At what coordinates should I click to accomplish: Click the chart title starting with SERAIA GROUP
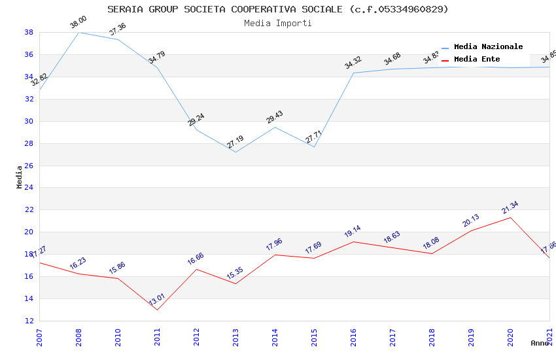[x=278, y=9]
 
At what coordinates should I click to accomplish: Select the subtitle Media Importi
[x=278, y=23]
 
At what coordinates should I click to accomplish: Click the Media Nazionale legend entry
[x=488, y=47]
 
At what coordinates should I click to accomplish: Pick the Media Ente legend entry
[x=477, y=60]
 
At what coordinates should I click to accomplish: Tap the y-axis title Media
[x=19, y=177]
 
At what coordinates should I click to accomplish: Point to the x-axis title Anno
[x=540, y=343]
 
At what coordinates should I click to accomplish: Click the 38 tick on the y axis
[x=29, y=32]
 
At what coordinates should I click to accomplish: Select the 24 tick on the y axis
[x=29, y=188]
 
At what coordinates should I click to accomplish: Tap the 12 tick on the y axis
[x=29, y=321]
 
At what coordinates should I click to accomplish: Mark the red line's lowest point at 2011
[x=157, y=310]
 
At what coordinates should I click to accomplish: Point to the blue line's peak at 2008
[x=78, y=32]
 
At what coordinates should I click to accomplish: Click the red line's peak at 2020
[x=510, y=217]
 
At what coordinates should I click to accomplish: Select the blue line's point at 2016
[x=353, y=73]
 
